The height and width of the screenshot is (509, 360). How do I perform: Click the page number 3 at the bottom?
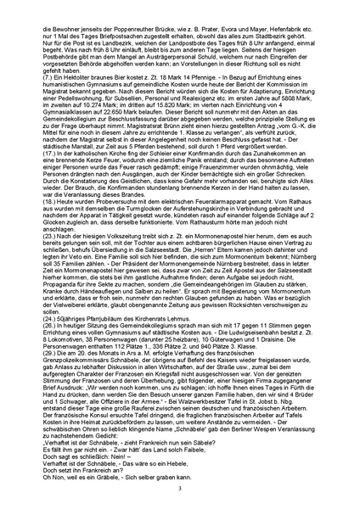click(180, 490)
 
